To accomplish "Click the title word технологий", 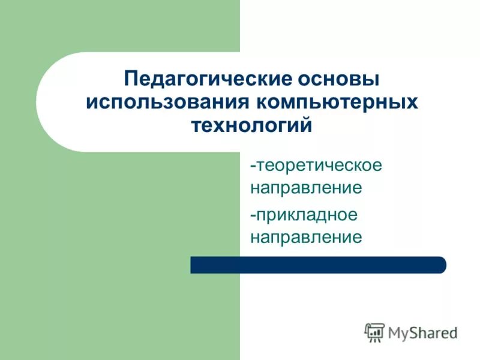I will tap(251, 126).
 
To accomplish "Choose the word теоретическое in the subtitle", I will tap(319, 164).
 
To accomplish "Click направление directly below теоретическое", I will tap(306, 188).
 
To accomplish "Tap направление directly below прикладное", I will tap(306, 237).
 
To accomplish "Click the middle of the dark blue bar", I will tap(318, 265).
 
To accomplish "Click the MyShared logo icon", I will tap(374, 332).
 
